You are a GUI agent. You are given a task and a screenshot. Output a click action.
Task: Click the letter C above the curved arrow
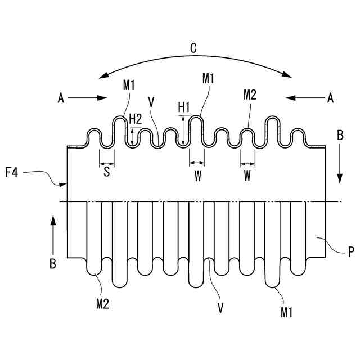click(193, 48)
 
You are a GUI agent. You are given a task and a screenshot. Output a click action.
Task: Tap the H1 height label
click(184, 106)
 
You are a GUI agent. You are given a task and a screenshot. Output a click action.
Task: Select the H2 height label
click(136, 118)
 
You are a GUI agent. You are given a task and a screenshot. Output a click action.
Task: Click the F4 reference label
click(12, 172)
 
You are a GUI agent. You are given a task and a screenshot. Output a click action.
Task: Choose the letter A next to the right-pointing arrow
click(61, 98)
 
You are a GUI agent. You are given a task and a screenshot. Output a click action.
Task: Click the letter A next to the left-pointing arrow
click(330, 98)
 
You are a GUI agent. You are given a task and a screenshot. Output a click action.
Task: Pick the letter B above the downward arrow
click(339, 135)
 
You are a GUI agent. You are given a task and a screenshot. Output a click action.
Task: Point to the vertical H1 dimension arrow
click(183, 130)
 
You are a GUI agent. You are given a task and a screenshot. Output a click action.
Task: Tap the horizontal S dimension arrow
click(106, 164)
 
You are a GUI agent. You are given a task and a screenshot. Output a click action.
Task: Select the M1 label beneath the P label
click(287, 312)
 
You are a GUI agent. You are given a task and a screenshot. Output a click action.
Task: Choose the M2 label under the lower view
click(102, 304)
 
